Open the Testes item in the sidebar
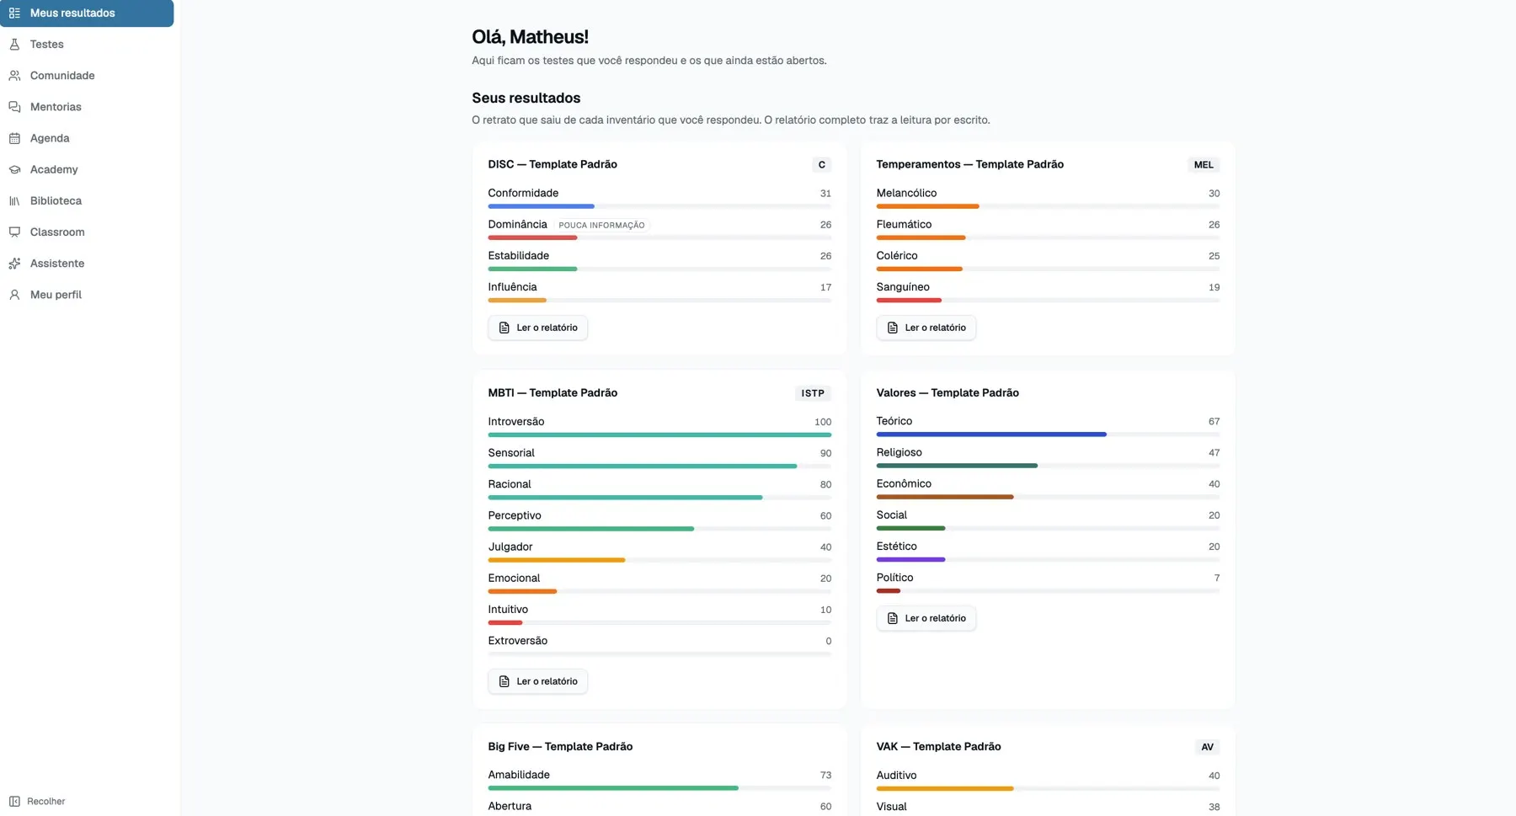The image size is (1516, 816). click(46, 44)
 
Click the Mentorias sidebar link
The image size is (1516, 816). click(56, 107)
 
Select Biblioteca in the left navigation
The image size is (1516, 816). click(56, 200)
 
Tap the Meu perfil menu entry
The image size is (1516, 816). click(56, 295)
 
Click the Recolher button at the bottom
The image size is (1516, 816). click(37, 801)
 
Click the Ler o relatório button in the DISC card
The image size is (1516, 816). click(537, 328)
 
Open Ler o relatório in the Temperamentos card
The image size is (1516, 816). click(926, 328)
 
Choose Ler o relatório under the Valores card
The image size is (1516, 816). click(926, 618)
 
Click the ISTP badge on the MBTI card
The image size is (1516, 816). click(813, 393)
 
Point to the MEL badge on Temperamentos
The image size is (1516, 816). click(1204, 165)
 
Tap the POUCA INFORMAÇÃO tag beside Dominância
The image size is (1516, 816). click(601, 226)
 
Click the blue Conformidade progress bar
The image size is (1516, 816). click(541, 206)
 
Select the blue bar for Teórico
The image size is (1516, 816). click(991, 435)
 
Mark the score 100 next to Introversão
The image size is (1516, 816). click(823, 422)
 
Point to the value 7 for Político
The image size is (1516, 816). click(1217, 578)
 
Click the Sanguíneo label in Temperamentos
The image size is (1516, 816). click(903, 287)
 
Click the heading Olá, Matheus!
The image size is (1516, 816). click(530, 37)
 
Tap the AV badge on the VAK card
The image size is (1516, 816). click(1207, 747)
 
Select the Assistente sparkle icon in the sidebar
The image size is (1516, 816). click(14, 264)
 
